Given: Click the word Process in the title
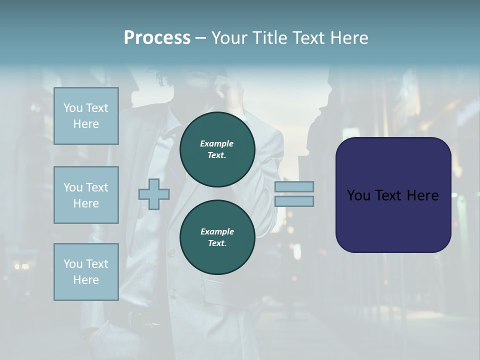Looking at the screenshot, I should pyautogui.click(x=157, y=37).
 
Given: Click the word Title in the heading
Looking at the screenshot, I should pyautogui.click(x=267, y=37).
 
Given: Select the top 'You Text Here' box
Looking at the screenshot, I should pyautogui.click(x=86, y=116).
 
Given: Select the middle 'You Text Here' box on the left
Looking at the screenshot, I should pyautogui.click(x=86, y=195).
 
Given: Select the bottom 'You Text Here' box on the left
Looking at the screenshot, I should pyautogui.click(x=86, y=272).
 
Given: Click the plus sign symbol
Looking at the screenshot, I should pyautogui.click(x=154, y=194).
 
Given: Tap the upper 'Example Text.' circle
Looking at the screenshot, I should pyautogui.click(x=217, y=149).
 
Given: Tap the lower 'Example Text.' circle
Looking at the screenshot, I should pyautogui.click(x=217, y=237).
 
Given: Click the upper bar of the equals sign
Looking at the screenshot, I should pyautogui.click(x=294, y=186).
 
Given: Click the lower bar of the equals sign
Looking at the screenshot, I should pyautogui.click(x=294, y=201).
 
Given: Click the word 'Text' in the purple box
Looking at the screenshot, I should pyautogui.click(x=389, y=195).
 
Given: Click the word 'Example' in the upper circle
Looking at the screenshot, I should pyautogui.click(x=217, y=143).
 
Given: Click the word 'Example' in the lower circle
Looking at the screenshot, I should pyautogui.click(x=217, y=231).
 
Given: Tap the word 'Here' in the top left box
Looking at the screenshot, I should pyautogui.click(x=86, y=124).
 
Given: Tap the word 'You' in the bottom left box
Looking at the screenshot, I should pyautogui.click(x=73, y=264).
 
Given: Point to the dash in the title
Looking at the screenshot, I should pyautogui.click(x=200, y=38).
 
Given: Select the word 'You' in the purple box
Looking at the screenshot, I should pyautogui.click(x=358, y=195).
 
